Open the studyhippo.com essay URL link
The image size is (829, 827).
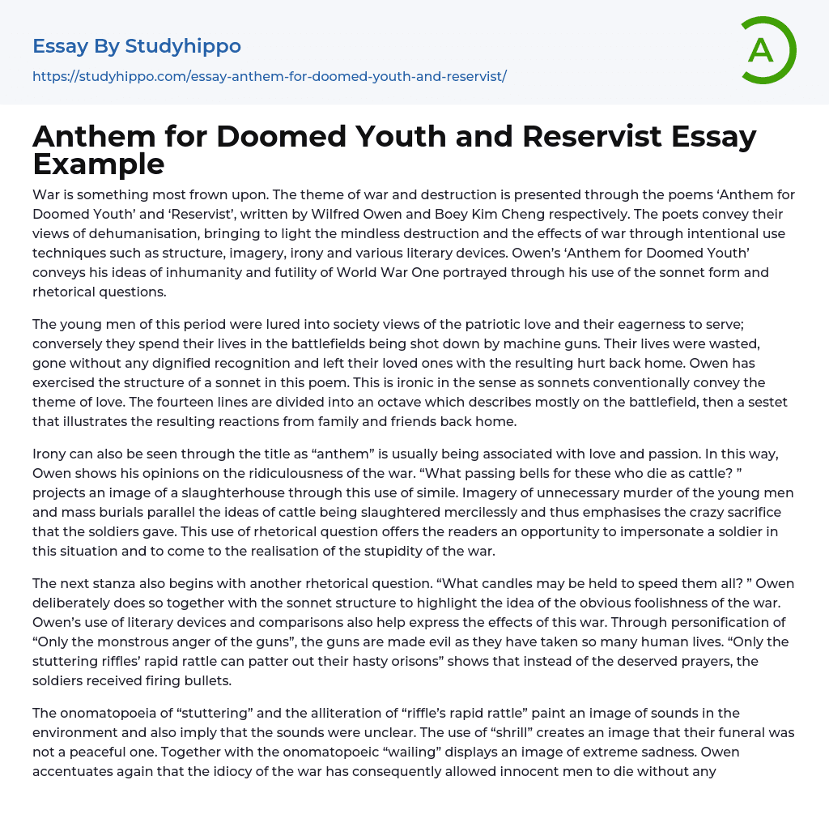[x=270, y=76]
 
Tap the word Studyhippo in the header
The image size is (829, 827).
[x=183, y=46]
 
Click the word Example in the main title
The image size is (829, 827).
[x=99, y=164]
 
